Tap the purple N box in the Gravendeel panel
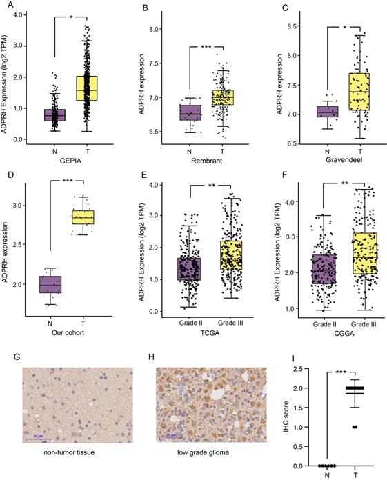(x=328, y=112)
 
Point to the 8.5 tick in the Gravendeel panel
(x=286, y=26)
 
